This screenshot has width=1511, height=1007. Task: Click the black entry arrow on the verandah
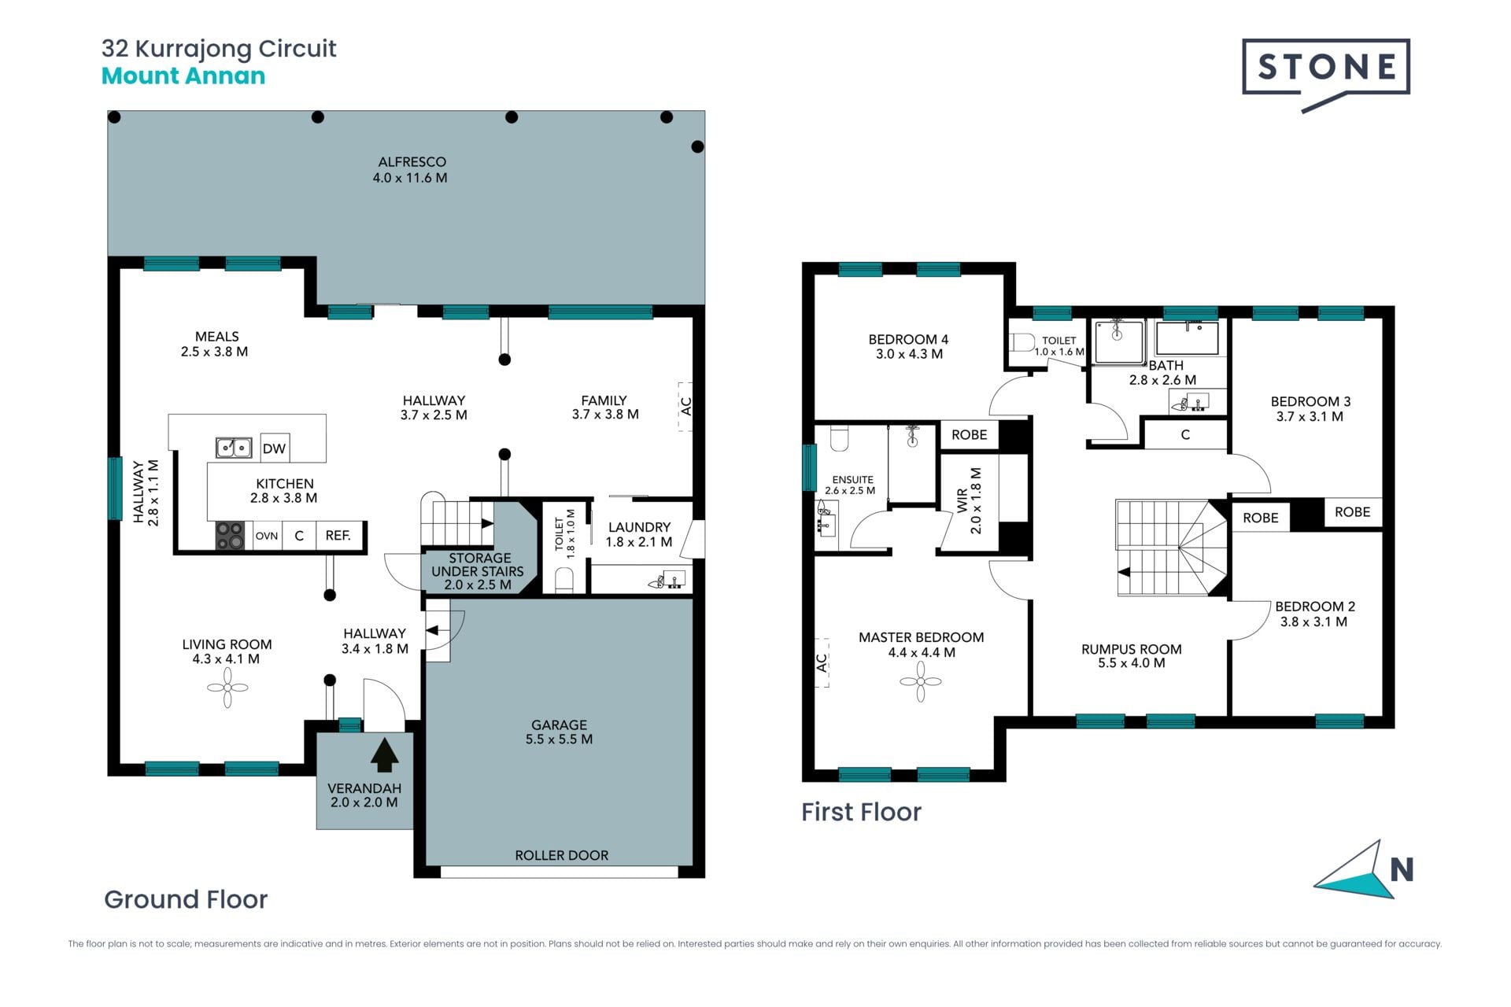click(384, 754)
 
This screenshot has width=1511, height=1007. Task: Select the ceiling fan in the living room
click(227, 688)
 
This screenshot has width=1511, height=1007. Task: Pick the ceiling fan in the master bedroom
click(921, 681)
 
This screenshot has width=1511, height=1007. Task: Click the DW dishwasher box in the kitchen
click(274, 448)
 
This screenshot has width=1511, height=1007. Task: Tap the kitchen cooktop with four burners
click(230, 536)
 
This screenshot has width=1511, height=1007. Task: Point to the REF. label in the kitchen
click(338, 536)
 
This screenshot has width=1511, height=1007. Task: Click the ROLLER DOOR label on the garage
click(562, 855)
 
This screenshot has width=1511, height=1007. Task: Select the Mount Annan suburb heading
click(183, 76)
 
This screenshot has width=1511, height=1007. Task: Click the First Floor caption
click(861, 812)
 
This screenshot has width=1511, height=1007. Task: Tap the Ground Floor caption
click(186, 899)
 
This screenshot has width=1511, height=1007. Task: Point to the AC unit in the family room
click(685, 407)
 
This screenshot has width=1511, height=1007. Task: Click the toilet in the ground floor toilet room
click(564, 580)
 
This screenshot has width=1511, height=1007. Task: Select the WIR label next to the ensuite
click(962, 500)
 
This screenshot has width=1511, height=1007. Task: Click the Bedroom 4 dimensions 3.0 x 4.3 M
click(909, 354)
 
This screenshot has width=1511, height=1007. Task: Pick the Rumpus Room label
click(1132, 649)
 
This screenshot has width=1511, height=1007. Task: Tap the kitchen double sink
click(234, 448)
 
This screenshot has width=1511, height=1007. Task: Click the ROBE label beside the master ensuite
click(969, 434)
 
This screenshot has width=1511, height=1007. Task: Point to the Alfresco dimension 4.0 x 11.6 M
click(410, 178)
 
